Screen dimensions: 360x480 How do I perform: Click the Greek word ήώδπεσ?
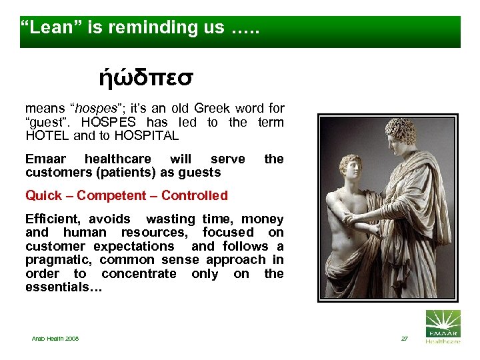[146, 79]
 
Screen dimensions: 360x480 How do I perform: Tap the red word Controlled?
[194, 195]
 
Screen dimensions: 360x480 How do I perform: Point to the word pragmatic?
[57, 260]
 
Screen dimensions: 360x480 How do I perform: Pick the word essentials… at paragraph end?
[55, 287]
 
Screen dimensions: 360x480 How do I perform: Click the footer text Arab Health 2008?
[55, 339]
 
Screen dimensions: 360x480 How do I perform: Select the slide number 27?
[404, 339]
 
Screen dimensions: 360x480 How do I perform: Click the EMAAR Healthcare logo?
[442, 327]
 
